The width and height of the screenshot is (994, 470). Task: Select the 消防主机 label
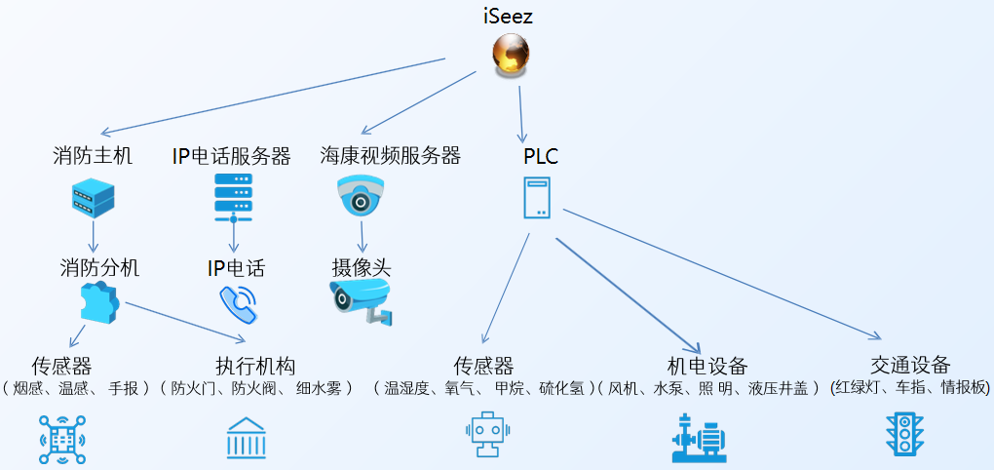coord(93,155)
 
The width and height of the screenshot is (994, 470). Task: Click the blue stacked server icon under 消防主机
coord(94,198)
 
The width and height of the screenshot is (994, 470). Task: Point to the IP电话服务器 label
coord(232,155)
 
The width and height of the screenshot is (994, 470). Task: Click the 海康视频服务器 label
coord(390,155)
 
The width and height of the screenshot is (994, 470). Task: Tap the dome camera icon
coord(362,197)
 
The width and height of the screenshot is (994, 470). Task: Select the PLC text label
coord(540,156)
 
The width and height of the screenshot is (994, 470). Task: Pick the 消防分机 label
coord(99,267)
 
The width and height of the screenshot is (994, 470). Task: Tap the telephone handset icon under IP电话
coord(238,304)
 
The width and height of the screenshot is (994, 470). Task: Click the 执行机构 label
coord(255,366)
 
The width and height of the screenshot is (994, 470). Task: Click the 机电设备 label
coord(707,366)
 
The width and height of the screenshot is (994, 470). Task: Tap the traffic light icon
coord(904,435)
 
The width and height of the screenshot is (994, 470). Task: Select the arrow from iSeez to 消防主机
coord(273,97)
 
